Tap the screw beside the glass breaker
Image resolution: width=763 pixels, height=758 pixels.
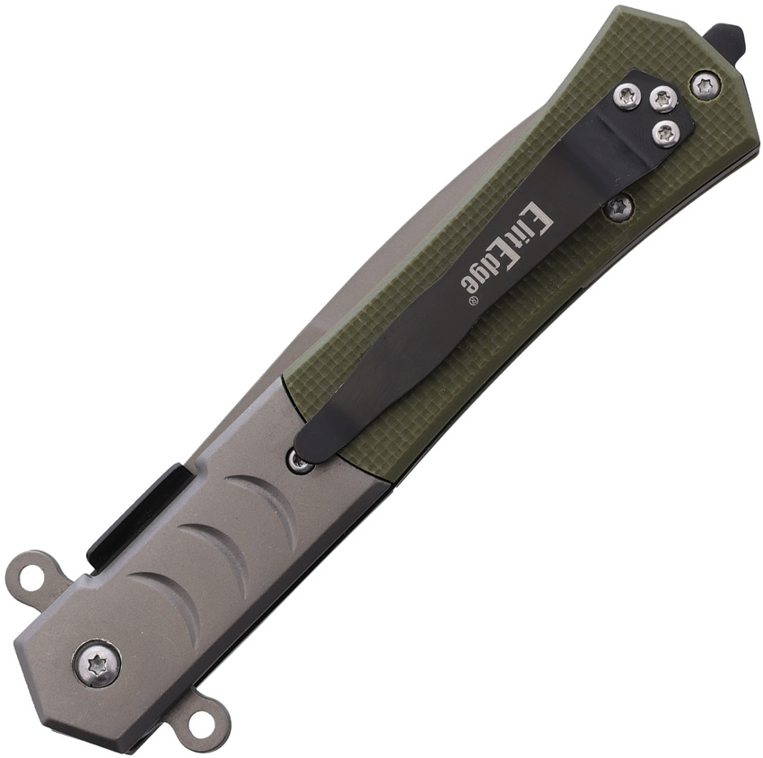tap(704, 88)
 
